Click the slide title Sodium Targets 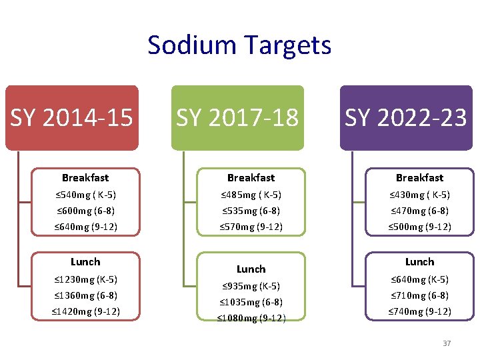(239, 45)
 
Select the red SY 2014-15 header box (72, 118)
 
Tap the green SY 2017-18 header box (237, 118)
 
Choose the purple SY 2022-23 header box (405, 118)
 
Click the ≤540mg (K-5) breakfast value (85, 195)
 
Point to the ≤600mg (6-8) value (85, 211)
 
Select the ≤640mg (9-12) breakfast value (85, 227)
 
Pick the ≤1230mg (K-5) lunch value (85, 279)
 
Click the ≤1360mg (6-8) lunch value (85, 295)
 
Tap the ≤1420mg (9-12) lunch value (85, 311)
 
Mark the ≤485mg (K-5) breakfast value (251, 195)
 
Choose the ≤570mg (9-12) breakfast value (251, 227)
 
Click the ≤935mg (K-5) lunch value (251, 287)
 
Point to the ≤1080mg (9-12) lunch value (251, 318)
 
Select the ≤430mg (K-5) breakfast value (419, 195)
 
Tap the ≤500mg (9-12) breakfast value (419, 227)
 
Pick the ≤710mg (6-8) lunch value (419, 295)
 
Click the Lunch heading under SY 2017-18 (251, 269)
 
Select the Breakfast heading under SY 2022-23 (419, 178)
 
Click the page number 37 (447, 343)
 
